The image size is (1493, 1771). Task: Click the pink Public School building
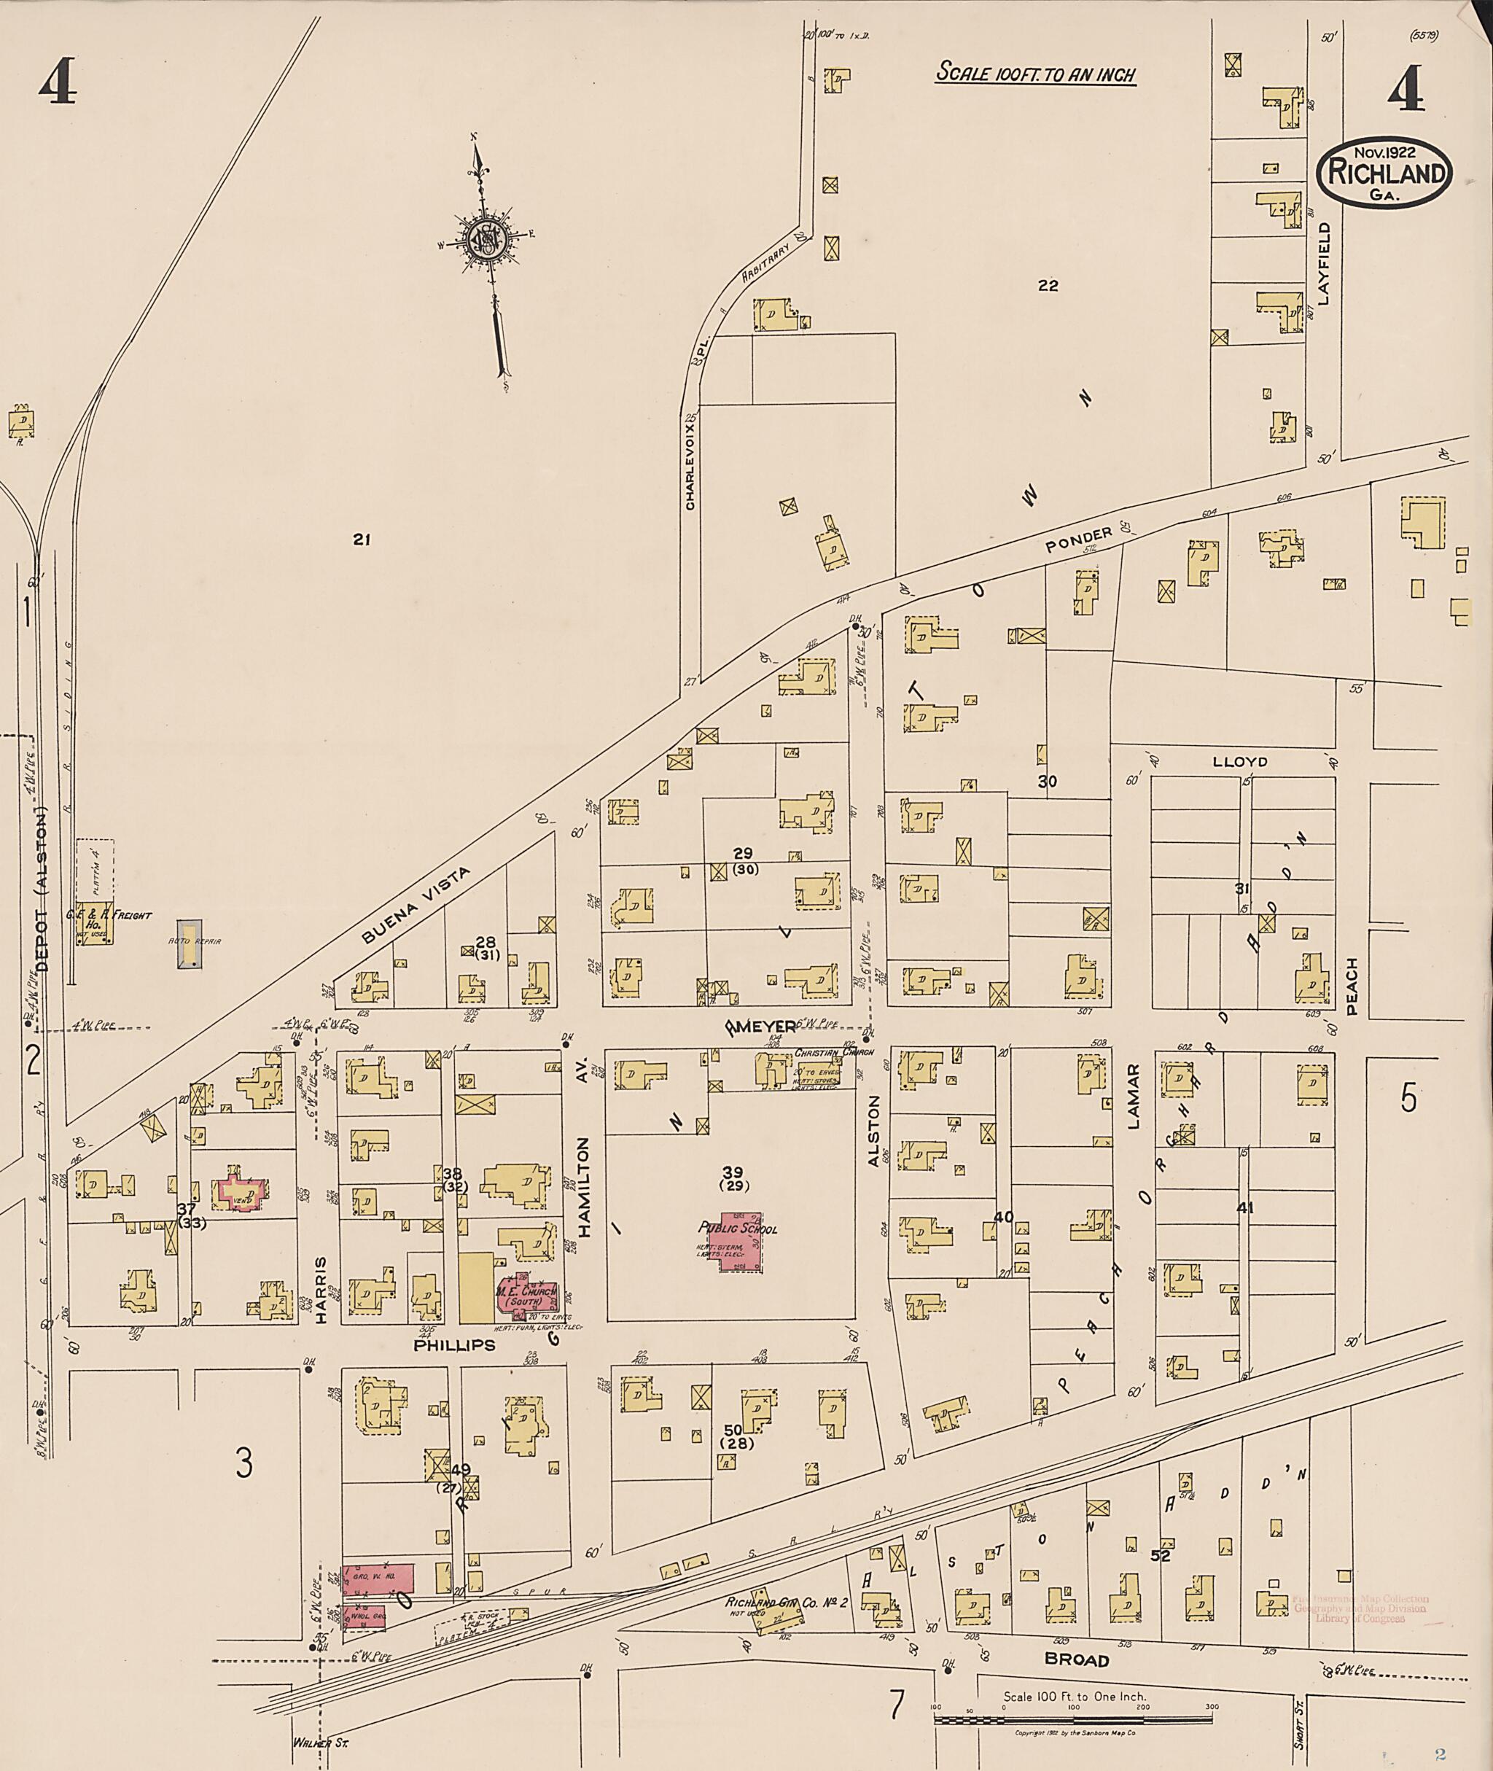tap(739, 1245)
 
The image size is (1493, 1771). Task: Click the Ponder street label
tap(1077, 540)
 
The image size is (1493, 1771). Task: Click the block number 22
tap(1048, 285)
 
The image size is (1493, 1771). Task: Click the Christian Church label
tap(834, 1052)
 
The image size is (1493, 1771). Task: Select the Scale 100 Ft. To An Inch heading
tap(1034, 74)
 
